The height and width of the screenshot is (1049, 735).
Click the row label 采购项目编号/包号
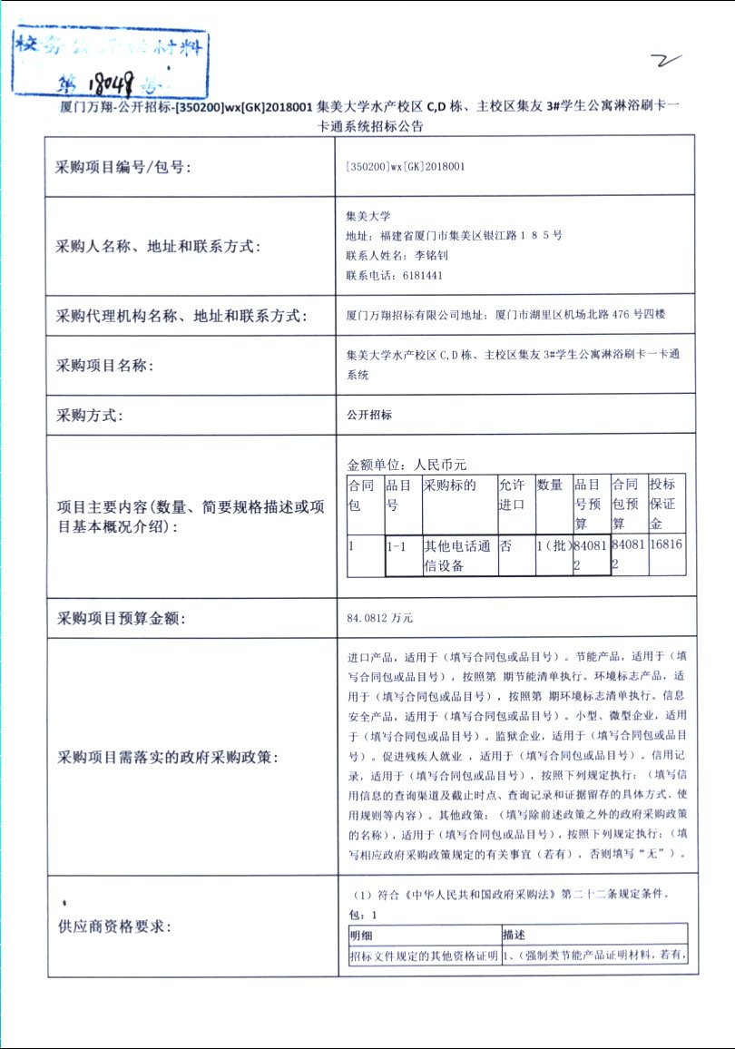[124, 166]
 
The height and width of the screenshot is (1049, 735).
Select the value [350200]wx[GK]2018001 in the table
[406, 166]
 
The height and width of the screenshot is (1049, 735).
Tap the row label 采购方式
[89, 416]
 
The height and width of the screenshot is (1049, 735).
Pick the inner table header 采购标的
[450, 485]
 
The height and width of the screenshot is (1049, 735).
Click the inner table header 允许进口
[513, 495]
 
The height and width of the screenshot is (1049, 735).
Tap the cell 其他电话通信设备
[458, 555]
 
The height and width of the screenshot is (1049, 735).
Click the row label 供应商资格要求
[113, 926]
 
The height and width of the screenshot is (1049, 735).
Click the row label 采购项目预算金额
[121, 619]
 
